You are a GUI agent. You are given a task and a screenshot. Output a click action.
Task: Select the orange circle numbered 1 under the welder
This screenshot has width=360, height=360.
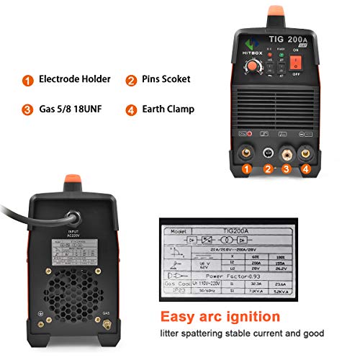(247, 170)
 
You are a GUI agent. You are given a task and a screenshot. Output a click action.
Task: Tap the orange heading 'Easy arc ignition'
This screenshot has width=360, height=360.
(220, 317)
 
